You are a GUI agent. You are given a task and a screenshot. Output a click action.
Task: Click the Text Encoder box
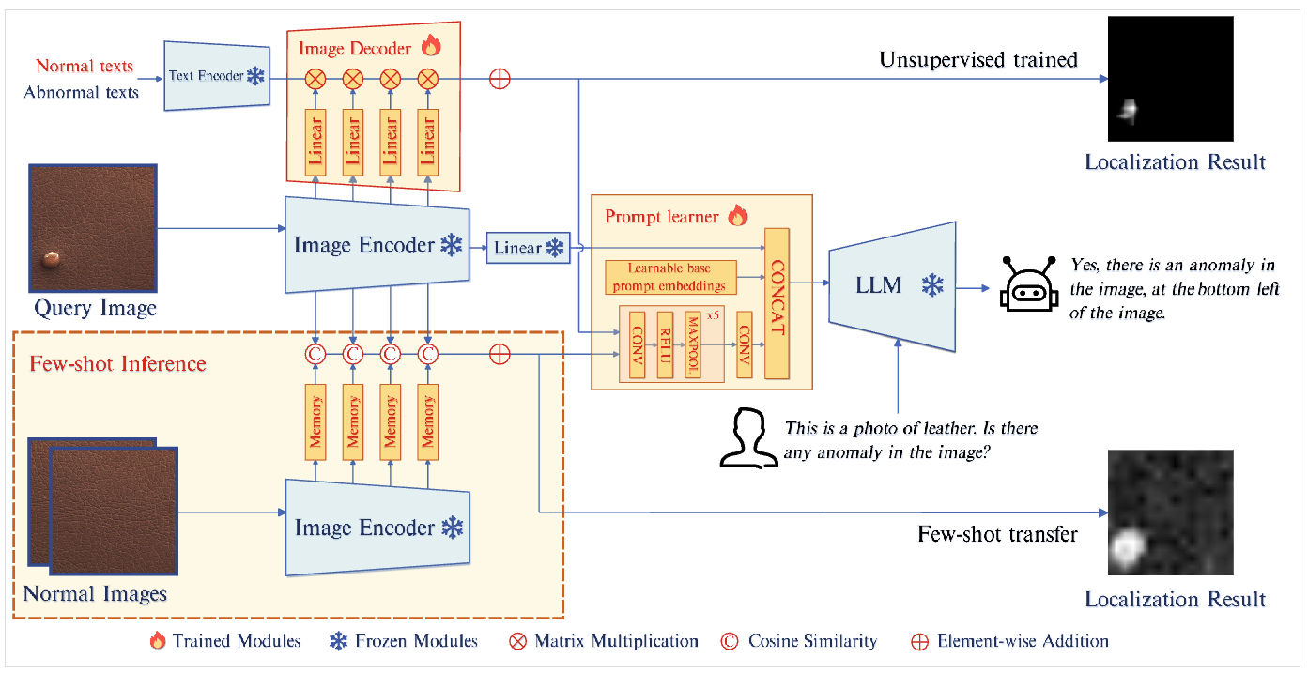(216, 75)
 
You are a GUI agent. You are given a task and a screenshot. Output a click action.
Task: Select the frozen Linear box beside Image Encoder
(529, 248)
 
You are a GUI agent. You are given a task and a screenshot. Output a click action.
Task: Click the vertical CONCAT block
(777, 302)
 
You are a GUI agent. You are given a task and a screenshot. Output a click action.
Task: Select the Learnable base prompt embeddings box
(670, 278)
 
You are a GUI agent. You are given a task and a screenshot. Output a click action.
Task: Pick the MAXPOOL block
(693, 344)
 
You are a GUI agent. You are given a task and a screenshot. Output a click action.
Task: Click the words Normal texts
(85, 66)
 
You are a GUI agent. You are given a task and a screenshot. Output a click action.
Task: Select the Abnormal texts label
(82, 92)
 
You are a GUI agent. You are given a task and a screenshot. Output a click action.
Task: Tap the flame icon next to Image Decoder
(431, 46)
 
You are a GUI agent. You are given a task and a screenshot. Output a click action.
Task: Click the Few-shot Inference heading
(117, 363)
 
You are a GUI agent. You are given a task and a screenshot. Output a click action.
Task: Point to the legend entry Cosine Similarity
(811, 641)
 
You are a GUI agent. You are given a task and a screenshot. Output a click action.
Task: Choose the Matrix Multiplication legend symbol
(517, 642)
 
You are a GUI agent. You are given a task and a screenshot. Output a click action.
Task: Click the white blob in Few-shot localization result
(1125, 548)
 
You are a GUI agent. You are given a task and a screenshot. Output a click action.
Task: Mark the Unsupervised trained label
(977, 60)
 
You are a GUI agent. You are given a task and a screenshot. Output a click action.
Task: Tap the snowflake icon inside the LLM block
(931, 285)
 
